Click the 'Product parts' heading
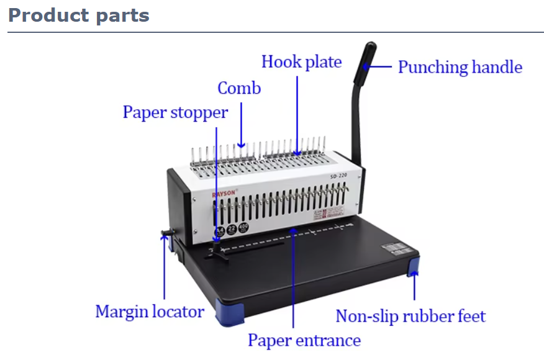pos(79,16)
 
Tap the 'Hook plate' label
pos(301,62)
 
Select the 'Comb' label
pos(239,88)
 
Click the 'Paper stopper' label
pos(175,112)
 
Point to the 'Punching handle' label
pos(460,67)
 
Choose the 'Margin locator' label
pos(149,311)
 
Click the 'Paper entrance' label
pos(304,340)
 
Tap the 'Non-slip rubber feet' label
pos(410,316)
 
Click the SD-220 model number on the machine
pos(338,176)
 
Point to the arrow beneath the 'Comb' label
pos(241,124)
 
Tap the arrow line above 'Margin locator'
pos(165,267)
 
